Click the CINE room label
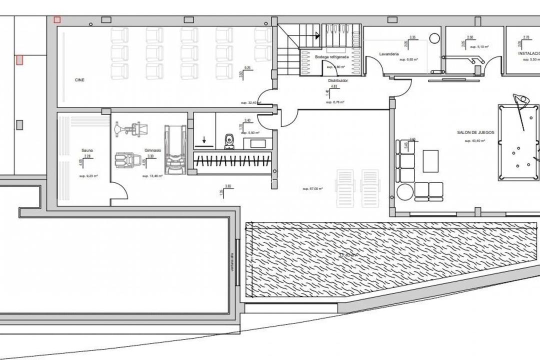point(79,80)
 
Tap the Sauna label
point(87,150)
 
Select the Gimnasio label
point(152,150)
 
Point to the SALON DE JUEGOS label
point(475,132)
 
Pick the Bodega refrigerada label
point(331,57)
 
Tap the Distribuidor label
point(338,80)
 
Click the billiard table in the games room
point(518,142)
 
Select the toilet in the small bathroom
point(229,141)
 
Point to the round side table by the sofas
point(405,192)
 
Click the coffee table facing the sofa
point(430,161)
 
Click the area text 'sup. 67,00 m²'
point(312,188)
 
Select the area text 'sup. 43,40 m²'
point(475,141)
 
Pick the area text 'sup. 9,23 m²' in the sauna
point(88,176)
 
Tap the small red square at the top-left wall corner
point(57,19)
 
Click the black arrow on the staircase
point(316,35)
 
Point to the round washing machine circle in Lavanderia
point(433,38)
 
